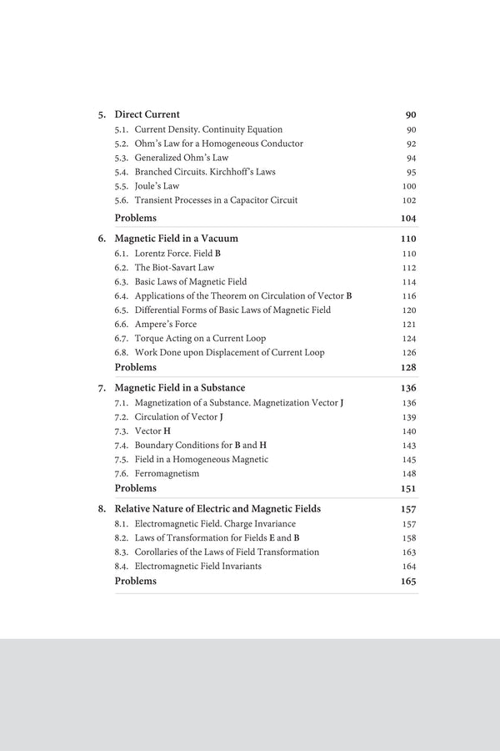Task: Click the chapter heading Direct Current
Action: tap(147, 114)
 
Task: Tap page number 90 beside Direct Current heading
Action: tap(411, 114)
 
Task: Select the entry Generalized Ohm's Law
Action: tap(181, 158)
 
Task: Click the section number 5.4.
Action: tap(122, 172)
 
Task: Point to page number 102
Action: tap(409, 200)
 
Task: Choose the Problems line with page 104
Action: tap(135, 218)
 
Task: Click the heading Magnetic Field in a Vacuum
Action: tap(176, 238)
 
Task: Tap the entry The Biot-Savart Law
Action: tap(174, 267)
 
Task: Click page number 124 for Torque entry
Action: tap(409, 338)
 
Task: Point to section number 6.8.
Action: tap(122, 352)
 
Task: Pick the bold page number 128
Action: tap(408, 367)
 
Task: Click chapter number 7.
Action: tap(102, 388)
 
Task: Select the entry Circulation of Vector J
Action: tap(178, 416)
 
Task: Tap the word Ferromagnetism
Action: tap(167, 473)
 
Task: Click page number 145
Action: tap(409, 459)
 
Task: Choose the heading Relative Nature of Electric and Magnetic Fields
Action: tap(217, 508)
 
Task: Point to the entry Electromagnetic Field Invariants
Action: tap(197, 566)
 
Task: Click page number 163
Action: tap(409, 552)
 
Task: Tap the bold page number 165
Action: tap(408, 581)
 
